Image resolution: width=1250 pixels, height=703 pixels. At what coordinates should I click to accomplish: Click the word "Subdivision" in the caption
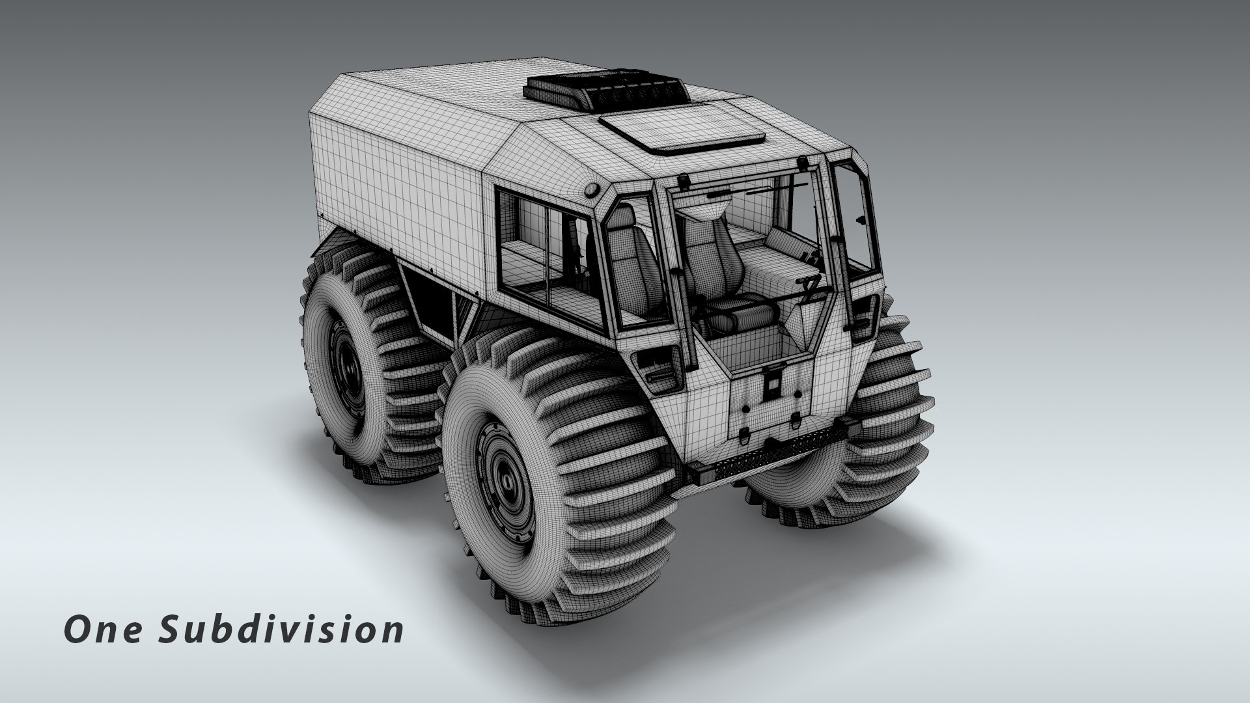(x=281, y=631)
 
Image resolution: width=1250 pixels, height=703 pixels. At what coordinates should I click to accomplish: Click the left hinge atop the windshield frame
(x=684, y=180)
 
